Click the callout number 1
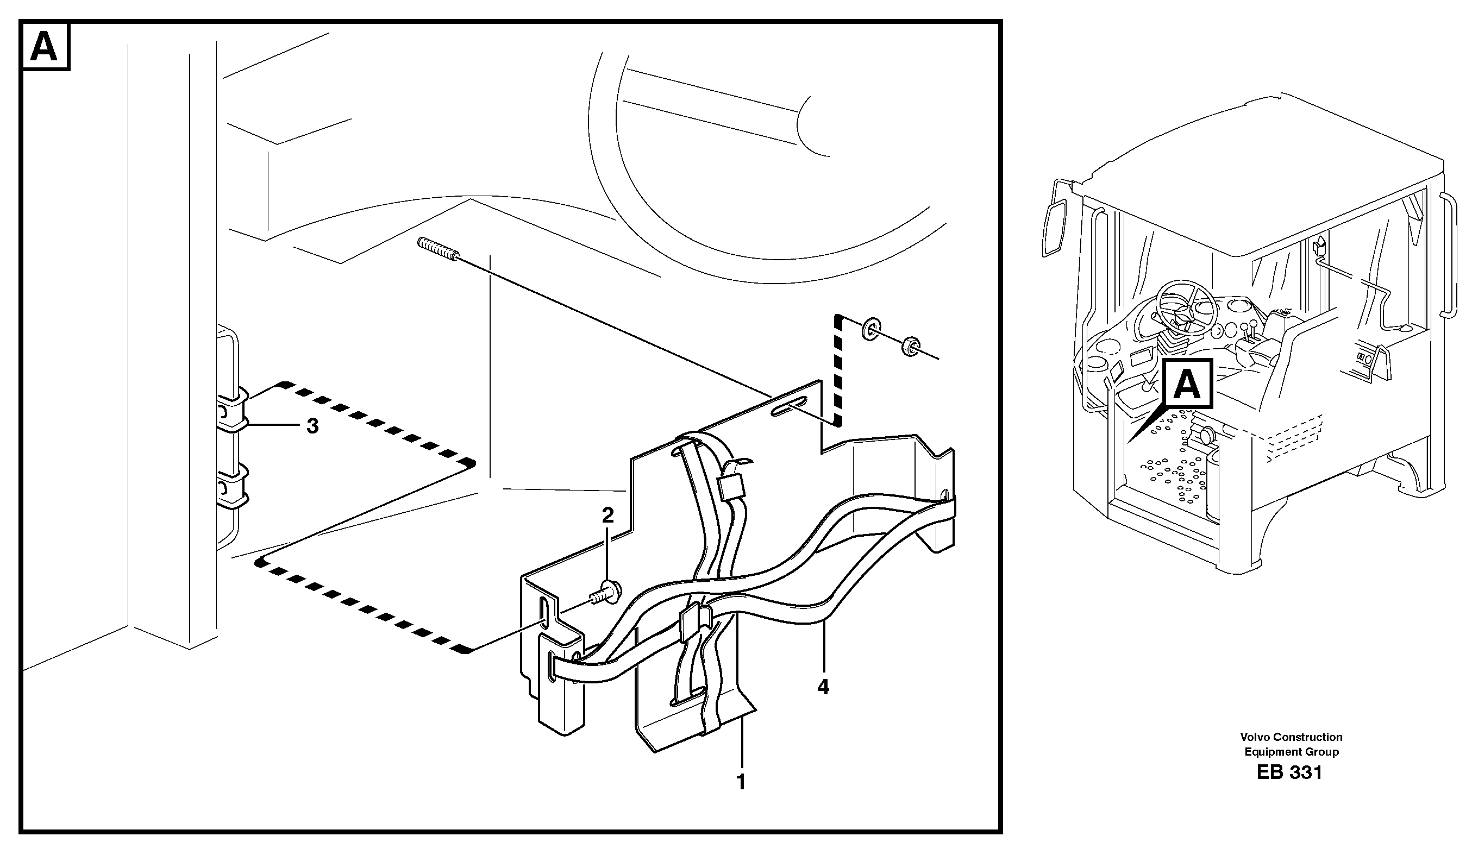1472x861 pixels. [741, 782]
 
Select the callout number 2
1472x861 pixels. [608, 515]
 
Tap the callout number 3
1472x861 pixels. [312, 426]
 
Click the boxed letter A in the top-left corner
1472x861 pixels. [45, 46]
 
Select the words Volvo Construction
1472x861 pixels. [1292, 737]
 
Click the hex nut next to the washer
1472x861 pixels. [910, 347]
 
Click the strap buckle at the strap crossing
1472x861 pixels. [691, 623]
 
